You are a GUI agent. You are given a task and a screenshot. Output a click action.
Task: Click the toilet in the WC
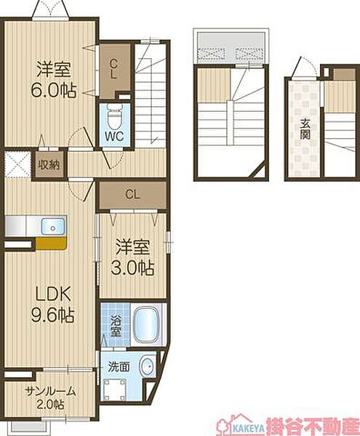pyautogui.click(x=114, y=117)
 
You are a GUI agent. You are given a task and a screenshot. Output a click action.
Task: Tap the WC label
pyautogui.click(x=114, y=137)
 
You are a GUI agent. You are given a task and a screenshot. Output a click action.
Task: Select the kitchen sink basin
pyautogui.click(x=53, y=226)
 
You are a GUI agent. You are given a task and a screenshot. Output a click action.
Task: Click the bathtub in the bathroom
pyautogui.click(x=146, y=324)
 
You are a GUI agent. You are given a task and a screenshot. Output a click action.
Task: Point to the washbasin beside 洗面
pyautogui.click(x=147, y=366)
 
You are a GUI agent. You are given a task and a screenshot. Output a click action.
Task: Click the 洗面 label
pyautogui.click(x=119, y=367)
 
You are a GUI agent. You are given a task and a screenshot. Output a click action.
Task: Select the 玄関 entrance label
pyautogui.click(x=305, y=129)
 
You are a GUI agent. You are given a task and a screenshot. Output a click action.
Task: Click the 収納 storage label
pyautogui.click(x=49, y=165)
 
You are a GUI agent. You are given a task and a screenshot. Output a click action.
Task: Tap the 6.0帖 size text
pyautogui.click(x=53, y=90)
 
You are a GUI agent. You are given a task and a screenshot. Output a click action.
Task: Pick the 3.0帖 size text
pyautogui.click(x=132, y=267)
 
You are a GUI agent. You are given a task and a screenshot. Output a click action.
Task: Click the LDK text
pyautogui.click(x=53, y=294)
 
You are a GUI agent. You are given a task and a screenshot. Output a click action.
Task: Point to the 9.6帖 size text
pyautogui.click(x=53, y=315)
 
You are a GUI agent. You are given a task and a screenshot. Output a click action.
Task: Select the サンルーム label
pyautogui.click(x=50, y=392)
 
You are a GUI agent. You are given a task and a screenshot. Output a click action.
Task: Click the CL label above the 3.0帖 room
pyautogui.click(x=132, y=194)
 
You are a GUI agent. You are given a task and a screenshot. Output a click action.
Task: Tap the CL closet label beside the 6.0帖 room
pyautogui.click(x=113, y=69)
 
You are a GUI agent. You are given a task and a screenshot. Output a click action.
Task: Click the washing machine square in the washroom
pyautogui.click(x=114, y=389)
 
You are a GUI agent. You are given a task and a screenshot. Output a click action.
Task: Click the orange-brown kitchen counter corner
pyautogui.click(x=52, y=243)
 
